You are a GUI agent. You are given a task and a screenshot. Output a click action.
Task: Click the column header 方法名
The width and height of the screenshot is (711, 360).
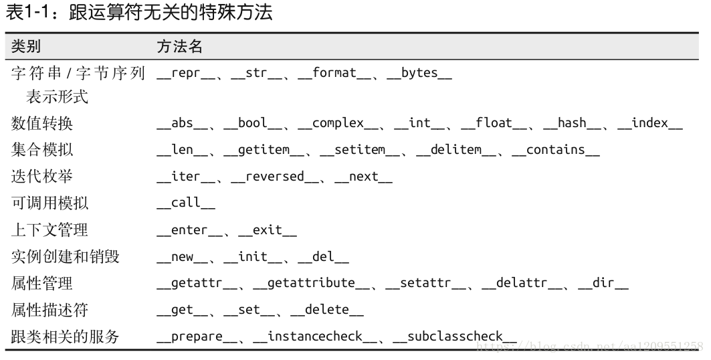(179, 46)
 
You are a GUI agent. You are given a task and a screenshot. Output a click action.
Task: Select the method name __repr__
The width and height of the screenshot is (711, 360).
(187, 73)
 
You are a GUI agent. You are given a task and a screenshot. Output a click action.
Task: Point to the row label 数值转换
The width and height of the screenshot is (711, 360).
(41, 124)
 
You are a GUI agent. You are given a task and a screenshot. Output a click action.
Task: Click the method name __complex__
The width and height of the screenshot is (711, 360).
(338, 123)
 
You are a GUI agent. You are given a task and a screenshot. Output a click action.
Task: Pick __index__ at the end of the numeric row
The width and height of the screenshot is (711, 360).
(649, 123)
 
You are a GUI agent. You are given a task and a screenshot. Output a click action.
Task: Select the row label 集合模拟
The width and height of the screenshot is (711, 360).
(41, 150)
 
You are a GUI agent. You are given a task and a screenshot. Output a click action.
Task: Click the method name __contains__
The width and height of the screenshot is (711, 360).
(555, 150)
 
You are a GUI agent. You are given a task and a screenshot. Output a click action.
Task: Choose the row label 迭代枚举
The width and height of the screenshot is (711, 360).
(41, 177)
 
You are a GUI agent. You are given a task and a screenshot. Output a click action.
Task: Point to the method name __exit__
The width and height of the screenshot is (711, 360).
(267, 230)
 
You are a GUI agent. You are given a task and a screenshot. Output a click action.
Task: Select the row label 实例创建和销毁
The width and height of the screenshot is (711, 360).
(64, 256)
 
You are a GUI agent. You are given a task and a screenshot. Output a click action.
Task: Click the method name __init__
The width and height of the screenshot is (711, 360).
(252, 256)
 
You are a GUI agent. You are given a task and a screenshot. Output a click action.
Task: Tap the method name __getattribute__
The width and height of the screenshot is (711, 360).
(312, 283)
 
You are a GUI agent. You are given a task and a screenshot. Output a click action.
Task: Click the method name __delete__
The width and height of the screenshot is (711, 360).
(327, 310)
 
